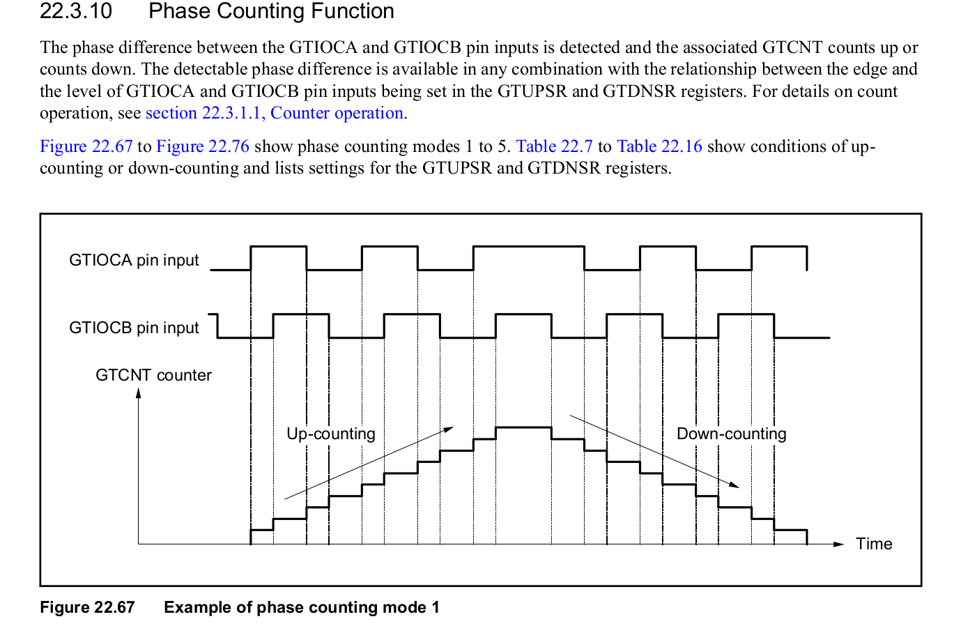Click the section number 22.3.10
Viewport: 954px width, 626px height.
coord(76,12)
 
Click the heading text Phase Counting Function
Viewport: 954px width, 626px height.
coord(271,12)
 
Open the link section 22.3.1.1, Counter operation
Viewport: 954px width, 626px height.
coord(275,113)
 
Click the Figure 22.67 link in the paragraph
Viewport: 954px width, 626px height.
coord(86,146)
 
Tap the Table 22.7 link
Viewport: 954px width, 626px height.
coord(554,146)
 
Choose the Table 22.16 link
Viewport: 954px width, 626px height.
coord(659,146)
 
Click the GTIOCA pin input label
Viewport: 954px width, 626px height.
coord(134,260)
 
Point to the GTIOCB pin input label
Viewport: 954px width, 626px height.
coord(134,328)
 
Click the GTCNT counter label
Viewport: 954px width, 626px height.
coord(153,375)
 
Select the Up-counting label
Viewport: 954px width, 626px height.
coord(331,434)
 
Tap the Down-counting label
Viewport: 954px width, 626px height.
coord(731,434)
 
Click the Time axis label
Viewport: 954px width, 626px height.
coord(874,544)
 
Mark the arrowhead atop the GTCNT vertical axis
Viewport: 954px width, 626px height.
coord(139,392)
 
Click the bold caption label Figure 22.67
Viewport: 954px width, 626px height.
coord(87,607)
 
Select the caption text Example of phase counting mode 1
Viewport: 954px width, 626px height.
coord(302,607)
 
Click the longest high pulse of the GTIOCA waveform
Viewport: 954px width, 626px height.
coord(528,247)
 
